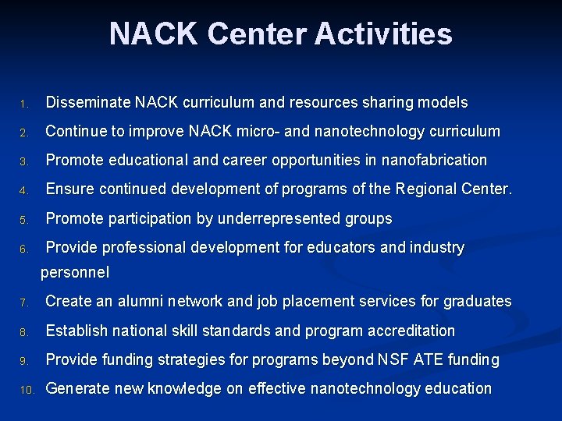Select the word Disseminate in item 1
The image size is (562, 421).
(x=87, y=102)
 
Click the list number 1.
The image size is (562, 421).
(x=24, y=104)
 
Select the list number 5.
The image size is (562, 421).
(x=24, y=220)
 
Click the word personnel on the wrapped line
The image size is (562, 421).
(x=75, y=273)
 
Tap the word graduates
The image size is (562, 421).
(x=477, y=302)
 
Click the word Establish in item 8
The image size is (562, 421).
(x=78, y=331)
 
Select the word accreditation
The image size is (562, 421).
(x=409, y=331)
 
